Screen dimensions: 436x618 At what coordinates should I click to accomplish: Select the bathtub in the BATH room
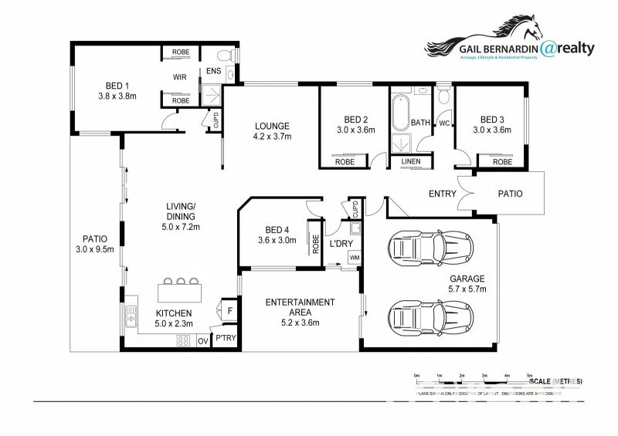pyautogui.click(x=399, y=113)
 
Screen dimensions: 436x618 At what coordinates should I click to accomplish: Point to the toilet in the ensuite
pyautogui.click(x=225, y=56)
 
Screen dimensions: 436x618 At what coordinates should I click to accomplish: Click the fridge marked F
pyautogui.click(x=229, y=311)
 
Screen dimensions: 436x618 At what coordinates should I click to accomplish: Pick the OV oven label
pyautogui.click(x=203, y=340)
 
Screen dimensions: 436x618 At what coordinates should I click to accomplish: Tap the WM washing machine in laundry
pyautogui.click(x=354, y=257)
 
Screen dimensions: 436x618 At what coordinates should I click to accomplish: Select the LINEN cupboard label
pyautogui.click(x=411, y=161)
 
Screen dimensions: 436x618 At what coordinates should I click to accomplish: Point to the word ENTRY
pyautogui.click(x=443, y=194)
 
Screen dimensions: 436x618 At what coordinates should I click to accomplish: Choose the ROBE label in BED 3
pyautogui.click(x=502, y=162)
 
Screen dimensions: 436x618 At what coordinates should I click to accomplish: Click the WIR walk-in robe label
pyautogui.click(x=180, y=77)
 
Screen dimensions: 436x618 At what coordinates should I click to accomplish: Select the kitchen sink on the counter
pyautogui.click(x=129, y=315)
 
